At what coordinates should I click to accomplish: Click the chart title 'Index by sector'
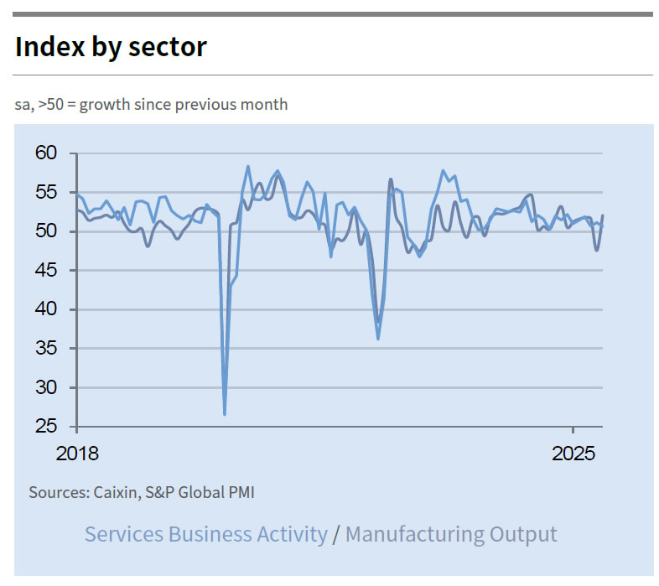(x=111, y=47)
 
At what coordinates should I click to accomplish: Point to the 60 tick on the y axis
(x=46, y=153)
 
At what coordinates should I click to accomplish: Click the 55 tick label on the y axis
(x=46, y=193)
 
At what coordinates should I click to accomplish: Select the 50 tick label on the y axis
(x=46, y=231)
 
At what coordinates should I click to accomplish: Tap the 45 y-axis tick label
(x=46, y=271)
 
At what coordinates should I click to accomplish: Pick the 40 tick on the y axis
(x=46, y=309)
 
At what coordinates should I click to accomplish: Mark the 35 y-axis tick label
(x=46, y=349)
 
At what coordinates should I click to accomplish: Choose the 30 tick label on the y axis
(x=46, y=387)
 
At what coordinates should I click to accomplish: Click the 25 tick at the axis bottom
(x=46, y=427)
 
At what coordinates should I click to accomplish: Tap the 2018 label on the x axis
(x=77, y=454)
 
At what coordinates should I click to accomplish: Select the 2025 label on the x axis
(x=573, y=454)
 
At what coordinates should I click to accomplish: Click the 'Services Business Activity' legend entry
(x=206, y=534)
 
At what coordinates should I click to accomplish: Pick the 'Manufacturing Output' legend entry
(x=451, y=534)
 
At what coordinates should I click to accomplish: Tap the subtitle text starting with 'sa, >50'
(x=151, y=105)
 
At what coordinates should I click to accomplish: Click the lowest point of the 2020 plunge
(x=225, y=414)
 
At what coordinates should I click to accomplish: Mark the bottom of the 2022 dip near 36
(x=378, y=339)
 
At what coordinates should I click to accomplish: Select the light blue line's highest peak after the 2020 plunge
(x=248, y=166)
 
